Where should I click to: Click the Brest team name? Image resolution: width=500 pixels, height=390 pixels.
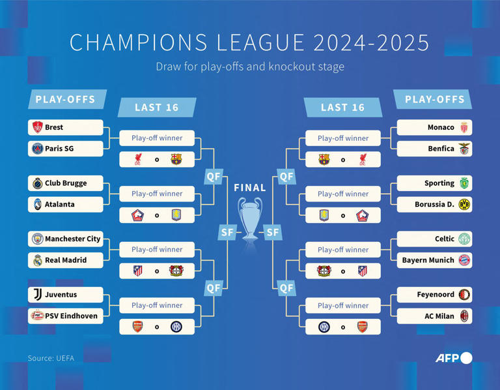[54, 127]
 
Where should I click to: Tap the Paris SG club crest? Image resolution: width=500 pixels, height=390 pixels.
[38, 149]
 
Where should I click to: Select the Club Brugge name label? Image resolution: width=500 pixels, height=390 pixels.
[66, 183]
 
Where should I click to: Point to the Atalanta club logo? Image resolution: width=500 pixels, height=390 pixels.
[38, 204]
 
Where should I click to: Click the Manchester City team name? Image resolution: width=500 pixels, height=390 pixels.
[73, 239]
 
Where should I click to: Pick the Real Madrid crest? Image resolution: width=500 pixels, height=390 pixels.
[38, 260]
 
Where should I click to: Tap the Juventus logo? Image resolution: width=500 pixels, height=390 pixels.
[38, 295]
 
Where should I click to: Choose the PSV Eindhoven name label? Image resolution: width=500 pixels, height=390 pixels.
[71, 316]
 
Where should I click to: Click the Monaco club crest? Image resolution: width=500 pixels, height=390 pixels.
[464, 127]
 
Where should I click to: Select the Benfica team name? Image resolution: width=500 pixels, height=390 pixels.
[441, 149]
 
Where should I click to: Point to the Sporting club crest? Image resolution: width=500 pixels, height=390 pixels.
[464, 183]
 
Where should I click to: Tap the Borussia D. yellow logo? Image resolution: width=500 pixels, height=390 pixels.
[464, 205]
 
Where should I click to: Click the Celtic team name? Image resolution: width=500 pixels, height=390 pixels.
[445, 239]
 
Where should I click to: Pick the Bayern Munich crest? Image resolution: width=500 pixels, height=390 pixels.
[464, 260]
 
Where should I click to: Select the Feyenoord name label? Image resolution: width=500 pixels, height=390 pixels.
[436, 295]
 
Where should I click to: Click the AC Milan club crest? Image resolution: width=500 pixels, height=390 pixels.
[464, 316]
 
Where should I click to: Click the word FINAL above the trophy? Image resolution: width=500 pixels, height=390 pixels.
[250, 188]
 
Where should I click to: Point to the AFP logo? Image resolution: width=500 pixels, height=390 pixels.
[453, 357]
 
